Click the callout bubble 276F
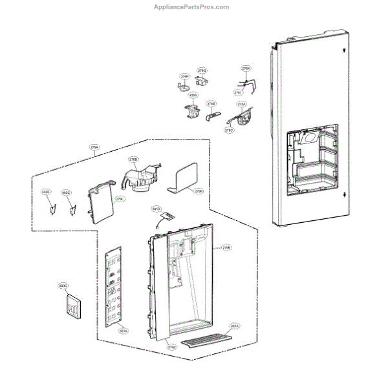point(184,76)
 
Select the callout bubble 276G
point(202,70)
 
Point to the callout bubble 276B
point(211,103)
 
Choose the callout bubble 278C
point(229,130)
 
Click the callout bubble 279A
point(94,148)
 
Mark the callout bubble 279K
point(199,191)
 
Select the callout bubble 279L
point(120,200)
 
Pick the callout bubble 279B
point(226,247)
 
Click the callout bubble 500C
point(63,284)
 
